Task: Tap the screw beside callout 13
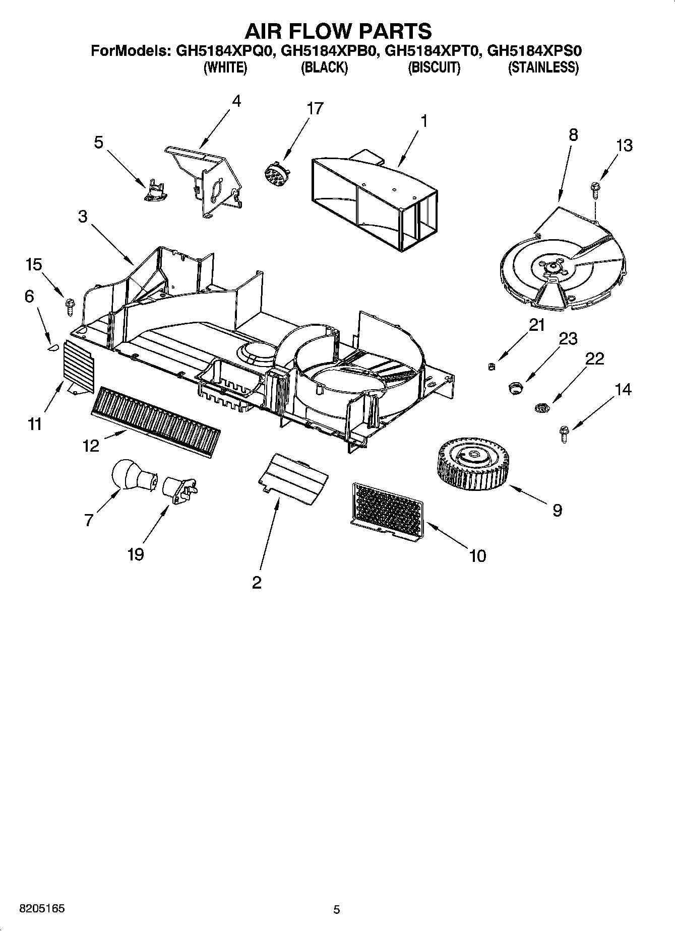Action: [595, 190]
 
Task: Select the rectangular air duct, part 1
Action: [374, 201]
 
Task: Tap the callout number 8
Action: [573, 134]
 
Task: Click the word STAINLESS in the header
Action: [543, 67]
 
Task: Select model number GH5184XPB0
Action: [329, 51]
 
